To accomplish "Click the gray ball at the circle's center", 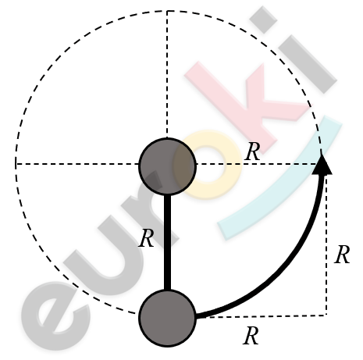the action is pos(167,166).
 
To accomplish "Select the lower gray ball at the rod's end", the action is pos(167,318).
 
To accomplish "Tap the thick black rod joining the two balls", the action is pos(168,242).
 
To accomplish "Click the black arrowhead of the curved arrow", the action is pos(322,165).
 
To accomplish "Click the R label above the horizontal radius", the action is pos(253,151).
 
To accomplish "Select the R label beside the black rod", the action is pos(146,238).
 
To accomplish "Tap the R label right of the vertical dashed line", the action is pos(342,255).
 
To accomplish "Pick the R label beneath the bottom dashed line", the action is pos(251,336).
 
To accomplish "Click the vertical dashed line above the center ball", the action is pos(167,74).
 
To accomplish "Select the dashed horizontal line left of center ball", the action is pos(77,164).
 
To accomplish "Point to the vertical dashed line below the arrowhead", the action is pos(326,244).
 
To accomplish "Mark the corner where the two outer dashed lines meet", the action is pos(326,315).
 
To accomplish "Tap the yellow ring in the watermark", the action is pos(208,165).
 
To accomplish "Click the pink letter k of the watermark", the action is pos(247,104).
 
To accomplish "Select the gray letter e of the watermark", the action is pos(56,315).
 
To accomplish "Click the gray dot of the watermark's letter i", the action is pos(263,20).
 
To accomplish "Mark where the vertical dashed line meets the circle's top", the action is pos(167,11).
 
